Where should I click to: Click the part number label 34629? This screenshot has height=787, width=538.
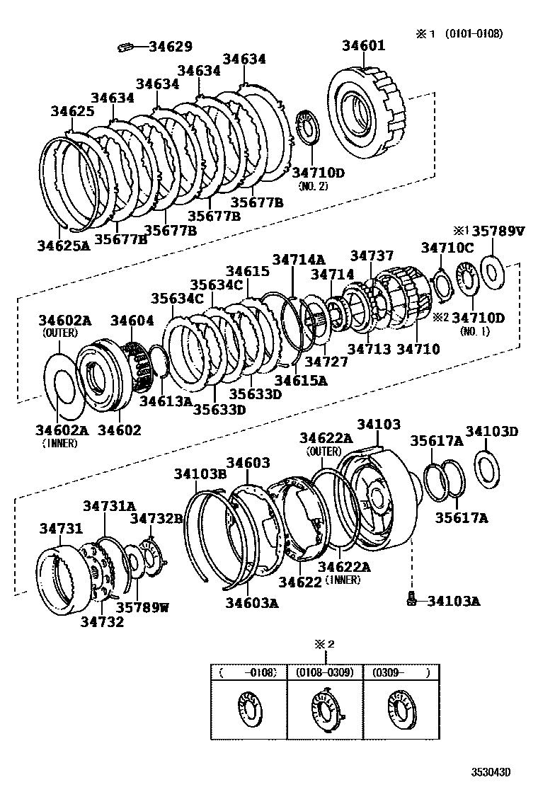170,47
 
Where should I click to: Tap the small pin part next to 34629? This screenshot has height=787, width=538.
125,47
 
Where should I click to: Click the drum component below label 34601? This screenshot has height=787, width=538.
367,113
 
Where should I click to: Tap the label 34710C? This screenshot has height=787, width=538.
447,247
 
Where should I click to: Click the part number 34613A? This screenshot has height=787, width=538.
166,402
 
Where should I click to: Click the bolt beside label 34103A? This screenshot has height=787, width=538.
412,599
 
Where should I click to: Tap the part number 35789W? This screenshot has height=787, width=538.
143,607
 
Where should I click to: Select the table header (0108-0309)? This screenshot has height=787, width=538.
325,672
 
